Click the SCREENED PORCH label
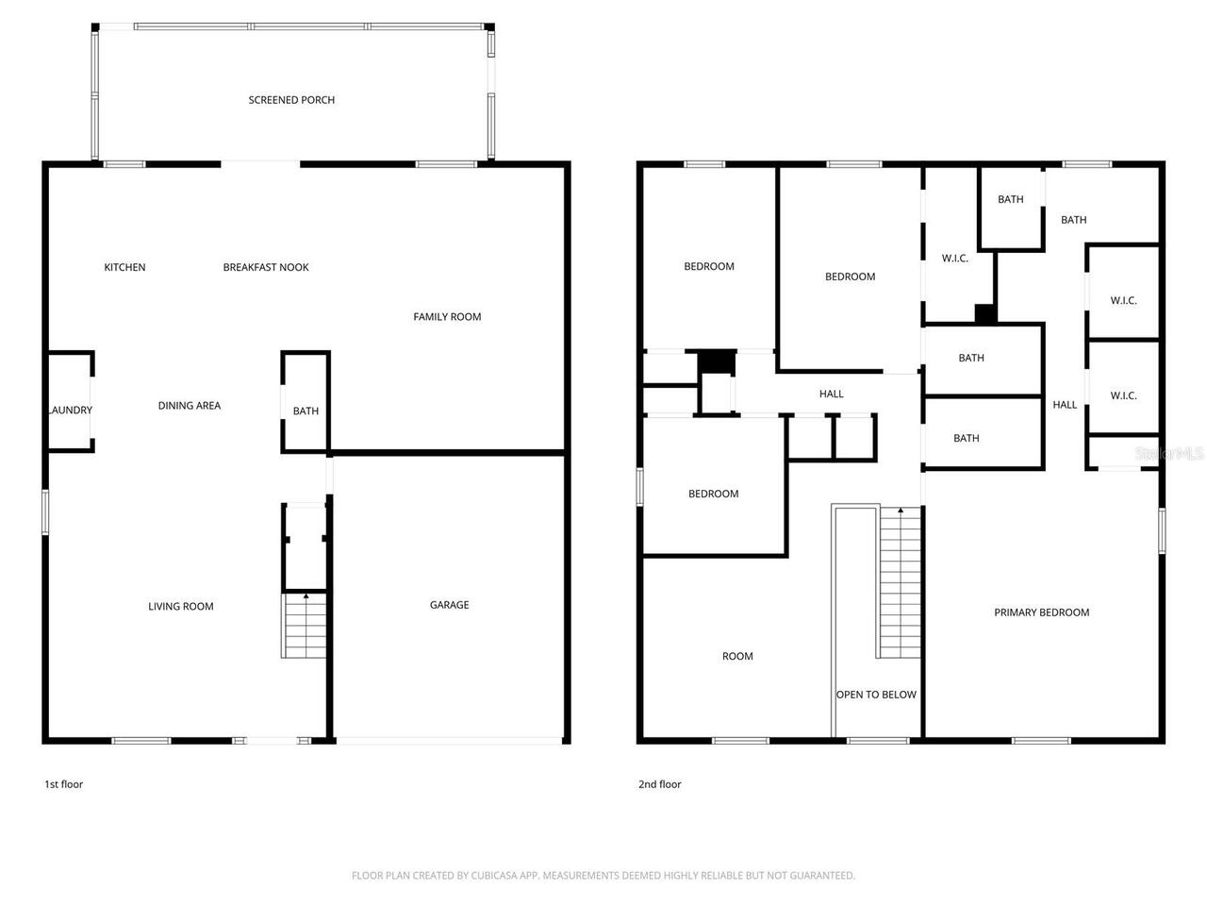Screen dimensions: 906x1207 [x=291, y=100]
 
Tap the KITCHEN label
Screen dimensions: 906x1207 [x=124, y=268]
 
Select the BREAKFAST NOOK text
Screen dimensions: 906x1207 [x=266, y=268]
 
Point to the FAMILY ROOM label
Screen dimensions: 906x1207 [x=447, y=317]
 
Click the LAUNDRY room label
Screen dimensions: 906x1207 [x=70, y=411]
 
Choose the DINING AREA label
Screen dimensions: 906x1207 [x=189, y=406]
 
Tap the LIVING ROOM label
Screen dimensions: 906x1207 [x=180, y=607]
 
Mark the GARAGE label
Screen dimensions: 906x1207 [x=449, y=605]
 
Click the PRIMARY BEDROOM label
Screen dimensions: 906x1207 [x=1041, y=612]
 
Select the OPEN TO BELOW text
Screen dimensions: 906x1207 [x=876, y=695]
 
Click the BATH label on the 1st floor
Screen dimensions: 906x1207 [x=306, y=411]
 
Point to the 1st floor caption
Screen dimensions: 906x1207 [x=63, y=784]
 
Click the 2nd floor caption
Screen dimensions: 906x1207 [x=659, y=784]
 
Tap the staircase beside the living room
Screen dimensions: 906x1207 [x=305, y=628]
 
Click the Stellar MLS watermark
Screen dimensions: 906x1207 [x=1169, y=454]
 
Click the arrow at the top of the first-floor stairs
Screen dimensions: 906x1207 [x=305, y=596]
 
